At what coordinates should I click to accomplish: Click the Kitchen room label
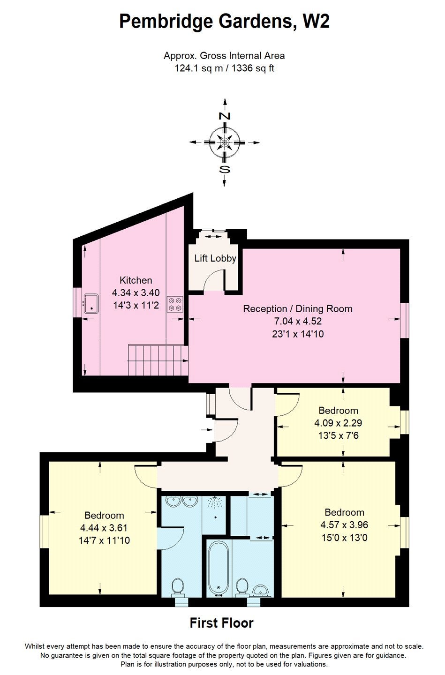click(x=136, y=280)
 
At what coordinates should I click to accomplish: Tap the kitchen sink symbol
click(x=91, y=304)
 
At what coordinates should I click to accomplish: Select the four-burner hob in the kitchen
click(x=175, y=304)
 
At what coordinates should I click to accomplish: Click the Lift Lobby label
click(x=215, y=258)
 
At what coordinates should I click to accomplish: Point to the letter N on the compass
click(x=224, y=116)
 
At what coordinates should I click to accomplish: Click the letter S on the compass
click(x=224, y=170)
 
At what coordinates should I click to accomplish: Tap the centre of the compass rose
click(x=224, y=142)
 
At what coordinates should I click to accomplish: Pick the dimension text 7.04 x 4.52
click(x=298, y=321)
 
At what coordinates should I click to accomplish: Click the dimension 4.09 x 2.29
click(x=338, y=423)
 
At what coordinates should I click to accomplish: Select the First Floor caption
click(x=222, y=622)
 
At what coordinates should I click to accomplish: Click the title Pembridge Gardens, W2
click(x=224, y=22)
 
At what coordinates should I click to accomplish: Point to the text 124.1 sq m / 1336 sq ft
click(x=224, y=68)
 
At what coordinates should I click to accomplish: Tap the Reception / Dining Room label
click(x=298, y=308)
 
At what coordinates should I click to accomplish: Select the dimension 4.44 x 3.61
click(x=104, y=528)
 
